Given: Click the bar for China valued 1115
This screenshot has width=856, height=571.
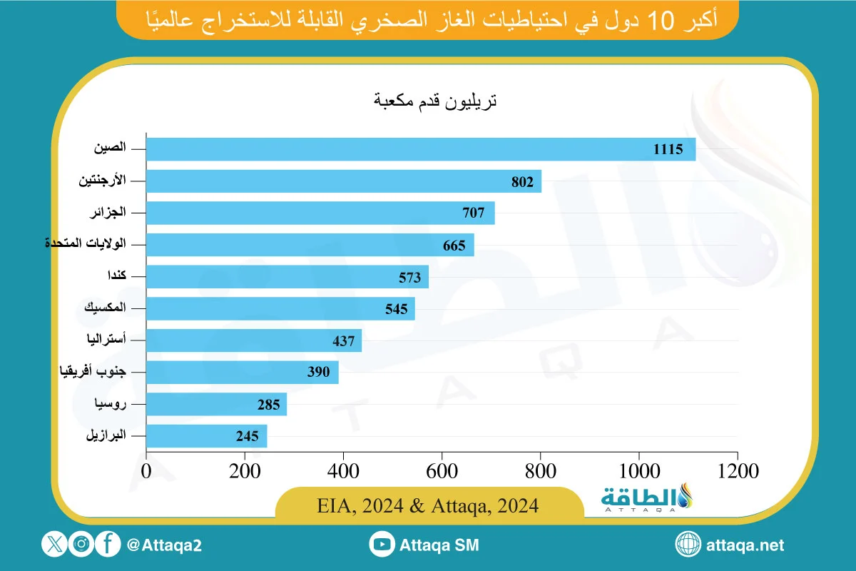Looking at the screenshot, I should tap(421, 149).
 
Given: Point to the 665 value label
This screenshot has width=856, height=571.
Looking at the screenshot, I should tap(454, 246).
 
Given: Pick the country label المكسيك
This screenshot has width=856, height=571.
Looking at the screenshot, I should tap(105, 308).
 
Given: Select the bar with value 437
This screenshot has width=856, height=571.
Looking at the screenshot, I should tap(254, 340).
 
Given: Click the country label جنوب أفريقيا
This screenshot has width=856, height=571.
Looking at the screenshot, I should tap(91, 372).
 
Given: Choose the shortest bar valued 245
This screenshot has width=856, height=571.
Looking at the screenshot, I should tap(207, 436).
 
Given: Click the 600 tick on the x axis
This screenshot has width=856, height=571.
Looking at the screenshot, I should tap(442, 470).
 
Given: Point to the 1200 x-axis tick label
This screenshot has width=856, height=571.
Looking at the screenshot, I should tap(737, 470).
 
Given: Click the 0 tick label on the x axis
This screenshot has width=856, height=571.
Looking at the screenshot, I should tap(146, 470).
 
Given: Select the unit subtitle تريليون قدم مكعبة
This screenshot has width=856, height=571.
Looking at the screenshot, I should tap(435, 101).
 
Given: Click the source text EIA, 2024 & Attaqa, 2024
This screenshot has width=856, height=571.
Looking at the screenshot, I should tap(428, 505).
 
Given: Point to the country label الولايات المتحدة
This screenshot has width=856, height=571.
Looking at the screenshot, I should tap(86, 244).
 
